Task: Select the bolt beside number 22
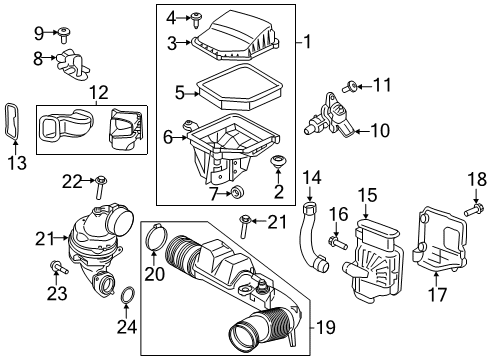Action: point(101,181)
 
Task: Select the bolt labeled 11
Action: point(354,85)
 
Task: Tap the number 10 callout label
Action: point(381,130)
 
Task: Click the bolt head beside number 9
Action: point(62,32)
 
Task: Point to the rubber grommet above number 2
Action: point(277,160)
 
